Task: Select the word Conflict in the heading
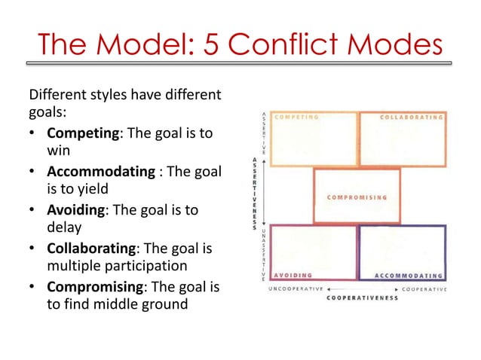(x=282, y=46)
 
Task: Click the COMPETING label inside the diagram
(x=295, y=117)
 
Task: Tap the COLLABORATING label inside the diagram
(x=411, y=117)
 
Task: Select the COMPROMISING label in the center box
(x=357, y=197)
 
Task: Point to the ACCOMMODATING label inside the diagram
(x=408, y=275)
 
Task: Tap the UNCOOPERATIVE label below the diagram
(x=296, y=288)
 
